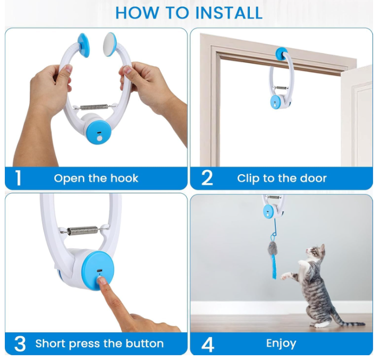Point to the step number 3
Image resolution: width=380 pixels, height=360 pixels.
point(19,344)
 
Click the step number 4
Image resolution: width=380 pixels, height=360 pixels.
point(208,344)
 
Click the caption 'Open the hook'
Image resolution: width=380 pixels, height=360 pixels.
point(96,178)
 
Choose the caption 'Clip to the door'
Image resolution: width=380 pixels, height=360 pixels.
point(282,178)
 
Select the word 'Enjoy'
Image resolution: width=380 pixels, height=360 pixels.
point(281,344)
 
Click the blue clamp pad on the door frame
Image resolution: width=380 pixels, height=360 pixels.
point(281,54)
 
